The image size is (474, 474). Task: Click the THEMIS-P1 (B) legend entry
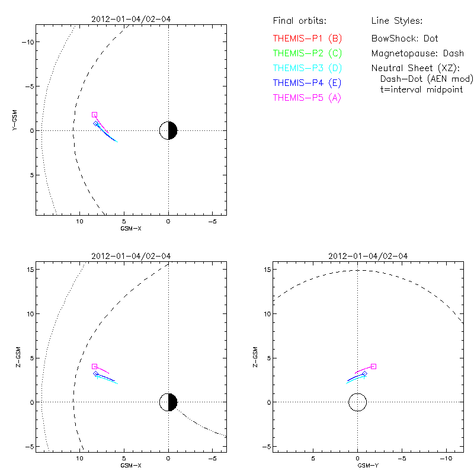coord(307,39)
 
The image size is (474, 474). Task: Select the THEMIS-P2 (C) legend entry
coord(307,53)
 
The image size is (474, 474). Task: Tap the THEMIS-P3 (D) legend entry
coord(307,68)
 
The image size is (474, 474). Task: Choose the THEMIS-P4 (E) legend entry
coord(307,83)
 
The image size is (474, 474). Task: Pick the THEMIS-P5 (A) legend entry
coord(307,98)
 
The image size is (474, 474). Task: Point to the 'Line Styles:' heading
coord(396,21)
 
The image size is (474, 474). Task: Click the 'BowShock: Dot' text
coord(405,39)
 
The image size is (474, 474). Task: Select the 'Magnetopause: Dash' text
coord(417,53)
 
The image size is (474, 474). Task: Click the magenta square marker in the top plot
coord(94,114)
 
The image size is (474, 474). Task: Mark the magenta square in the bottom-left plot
coord(94,367)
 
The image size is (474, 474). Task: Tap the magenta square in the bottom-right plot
coord(373,366)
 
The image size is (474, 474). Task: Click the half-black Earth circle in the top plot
coord(169,130)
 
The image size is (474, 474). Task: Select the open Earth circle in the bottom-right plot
coord(357,402)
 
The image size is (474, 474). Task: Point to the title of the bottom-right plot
coord(368,256)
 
